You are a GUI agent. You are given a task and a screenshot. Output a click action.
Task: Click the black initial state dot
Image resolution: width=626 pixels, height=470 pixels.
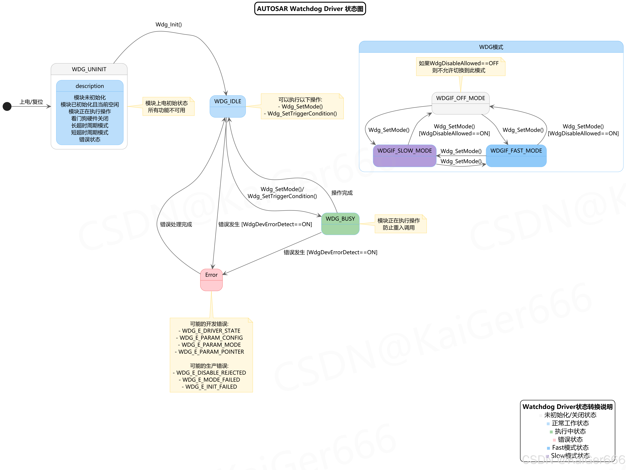(7, 107)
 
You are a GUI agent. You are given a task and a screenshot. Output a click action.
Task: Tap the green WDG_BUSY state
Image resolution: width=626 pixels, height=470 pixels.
(340, 224)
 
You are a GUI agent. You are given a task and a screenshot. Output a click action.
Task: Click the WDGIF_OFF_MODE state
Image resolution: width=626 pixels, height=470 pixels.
(460, 103)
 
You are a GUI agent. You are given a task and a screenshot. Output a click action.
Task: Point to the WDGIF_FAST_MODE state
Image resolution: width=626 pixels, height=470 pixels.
(516, 156)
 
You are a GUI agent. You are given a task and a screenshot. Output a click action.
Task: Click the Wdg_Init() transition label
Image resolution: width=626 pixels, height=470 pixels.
(169, 25)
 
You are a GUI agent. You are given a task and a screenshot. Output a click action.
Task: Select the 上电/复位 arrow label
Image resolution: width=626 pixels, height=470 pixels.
(31, 102)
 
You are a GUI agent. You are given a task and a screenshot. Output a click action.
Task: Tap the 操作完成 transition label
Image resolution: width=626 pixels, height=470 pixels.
(342, 193)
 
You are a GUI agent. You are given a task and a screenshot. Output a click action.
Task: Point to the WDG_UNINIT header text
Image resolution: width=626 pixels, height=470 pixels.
(89, 69)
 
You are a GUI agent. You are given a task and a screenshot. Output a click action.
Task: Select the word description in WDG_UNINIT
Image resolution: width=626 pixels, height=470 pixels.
(90, 86)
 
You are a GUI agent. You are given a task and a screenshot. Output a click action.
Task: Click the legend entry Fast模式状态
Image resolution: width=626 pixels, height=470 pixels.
(570, 448)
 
